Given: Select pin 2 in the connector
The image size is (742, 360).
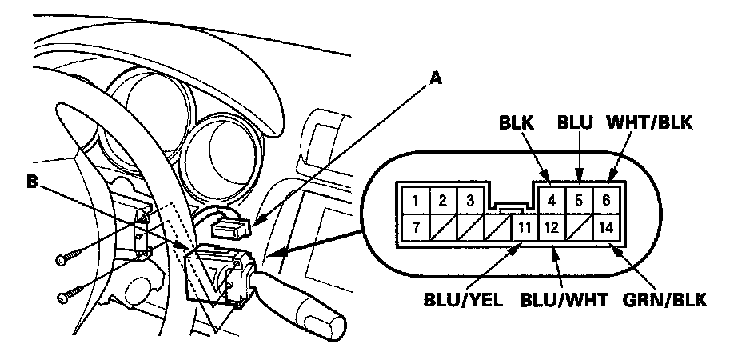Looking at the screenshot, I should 443,199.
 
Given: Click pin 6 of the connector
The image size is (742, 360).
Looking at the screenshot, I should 606,199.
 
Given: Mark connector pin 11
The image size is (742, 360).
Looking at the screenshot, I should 522,227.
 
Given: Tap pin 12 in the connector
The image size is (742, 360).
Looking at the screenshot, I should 551,227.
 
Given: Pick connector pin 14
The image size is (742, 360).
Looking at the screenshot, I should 606,227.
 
